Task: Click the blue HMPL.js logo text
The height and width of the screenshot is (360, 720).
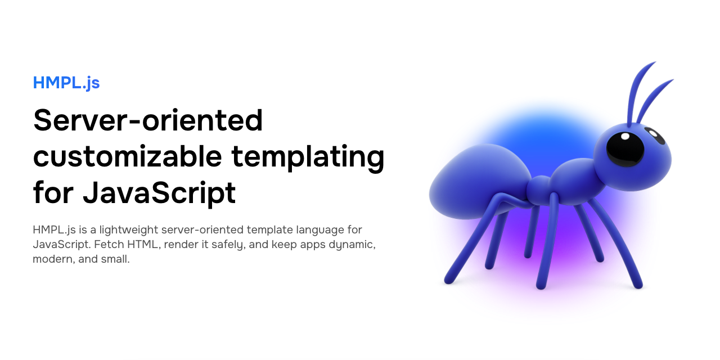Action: (x=66, y=83)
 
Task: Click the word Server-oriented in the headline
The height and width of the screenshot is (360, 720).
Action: (x=148, y=120)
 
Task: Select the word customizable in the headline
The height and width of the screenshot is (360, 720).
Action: (x=128, y=156)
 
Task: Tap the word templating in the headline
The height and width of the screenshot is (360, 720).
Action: (x=308, y=158)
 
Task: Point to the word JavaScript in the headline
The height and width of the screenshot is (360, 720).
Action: (x=159, y=193)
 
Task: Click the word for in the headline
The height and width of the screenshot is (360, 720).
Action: (x=53, y=192)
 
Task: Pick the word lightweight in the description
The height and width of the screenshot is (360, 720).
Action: (x=129, y=230)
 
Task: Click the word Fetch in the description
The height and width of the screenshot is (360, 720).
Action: (x=109, y=245)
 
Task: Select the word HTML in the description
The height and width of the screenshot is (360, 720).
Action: (x=143, y=245)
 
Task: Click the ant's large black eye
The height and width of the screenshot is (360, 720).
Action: (x=625, y=150)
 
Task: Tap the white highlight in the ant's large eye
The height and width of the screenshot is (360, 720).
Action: (x=625, y=136)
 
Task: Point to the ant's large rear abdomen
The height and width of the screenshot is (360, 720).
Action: (x=479, y=182)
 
